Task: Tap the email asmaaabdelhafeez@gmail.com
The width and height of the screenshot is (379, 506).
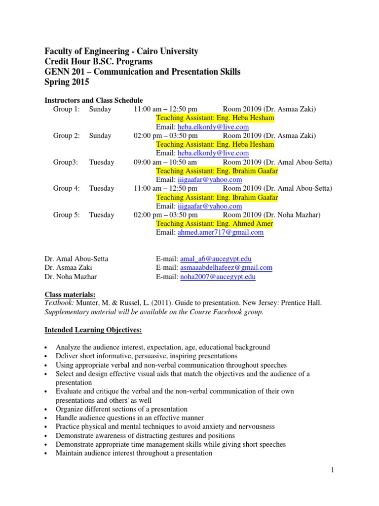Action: [x=226, y=268]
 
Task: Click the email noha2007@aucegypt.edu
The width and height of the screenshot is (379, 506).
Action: [x=218, y=277]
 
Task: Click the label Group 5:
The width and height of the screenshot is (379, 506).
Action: [x=66, y=215]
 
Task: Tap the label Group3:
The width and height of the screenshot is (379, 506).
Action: [x=65, y=162]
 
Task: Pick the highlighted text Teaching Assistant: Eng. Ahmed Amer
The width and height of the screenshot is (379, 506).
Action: [x=214, y=224]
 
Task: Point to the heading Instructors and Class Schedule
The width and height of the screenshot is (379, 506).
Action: [x=94, y=100]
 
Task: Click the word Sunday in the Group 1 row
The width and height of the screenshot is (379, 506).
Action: [x=100, y=109]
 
